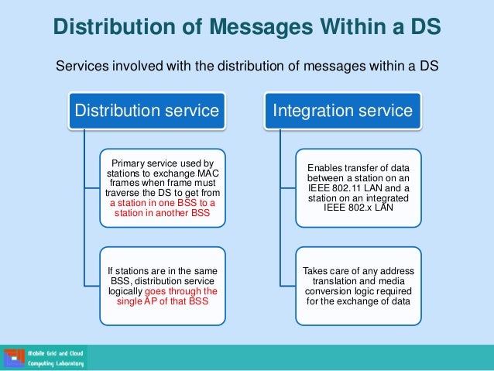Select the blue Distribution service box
[x=146, y=111]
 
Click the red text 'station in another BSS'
[x=163, y=213]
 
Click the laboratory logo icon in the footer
[x=14, y=358]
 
